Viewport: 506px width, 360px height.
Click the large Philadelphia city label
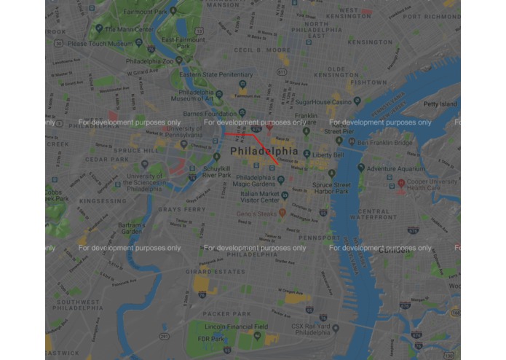click(264, 151)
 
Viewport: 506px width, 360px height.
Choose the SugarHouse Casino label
click(323, 103)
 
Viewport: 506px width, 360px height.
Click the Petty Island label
click(440, 104)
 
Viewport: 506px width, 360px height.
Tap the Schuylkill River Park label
click(217, 172)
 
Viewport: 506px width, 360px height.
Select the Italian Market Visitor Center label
click(260, 197)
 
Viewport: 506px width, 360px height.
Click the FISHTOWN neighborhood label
click(368, 82)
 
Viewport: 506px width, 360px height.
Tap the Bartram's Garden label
click(130, 228)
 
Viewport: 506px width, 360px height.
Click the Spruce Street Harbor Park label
click(331, 189)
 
